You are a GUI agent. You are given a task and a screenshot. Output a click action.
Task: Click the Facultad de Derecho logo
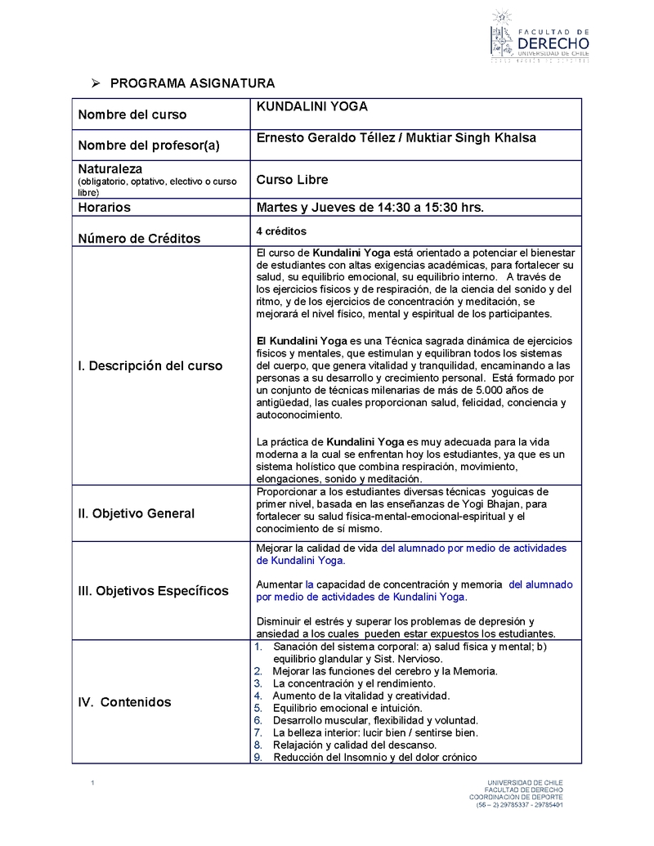(539, 37)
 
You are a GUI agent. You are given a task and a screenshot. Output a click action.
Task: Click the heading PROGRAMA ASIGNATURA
(192, 83)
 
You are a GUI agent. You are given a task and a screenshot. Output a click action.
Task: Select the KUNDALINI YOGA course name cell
(312, 106)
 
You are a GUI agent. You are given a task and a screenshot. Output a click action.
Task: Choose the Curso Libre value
(292, 180)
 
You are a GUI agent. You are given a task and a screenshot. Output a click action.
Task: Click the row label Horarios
(104, 208)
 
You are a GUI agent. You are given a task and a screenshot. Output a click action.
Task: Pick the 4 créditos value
(281, 231)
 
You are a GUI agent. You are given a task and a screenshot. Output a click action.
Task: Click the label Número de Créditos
(139, 239)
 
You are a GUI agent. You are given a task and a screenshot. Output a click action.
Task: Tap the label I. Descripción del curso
(150, 366)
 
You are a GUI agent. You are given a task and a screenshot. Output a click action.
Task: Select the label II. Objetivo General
(136, 513)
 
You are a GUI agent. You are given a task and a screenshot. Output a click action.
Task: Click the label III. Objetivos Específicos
(153, 590)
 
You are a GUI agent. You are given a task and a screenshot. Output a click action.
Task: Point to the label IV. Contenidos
(124, 702)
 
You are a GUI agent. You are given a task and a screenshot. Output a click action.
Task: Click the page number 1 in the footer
(93, 785)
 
